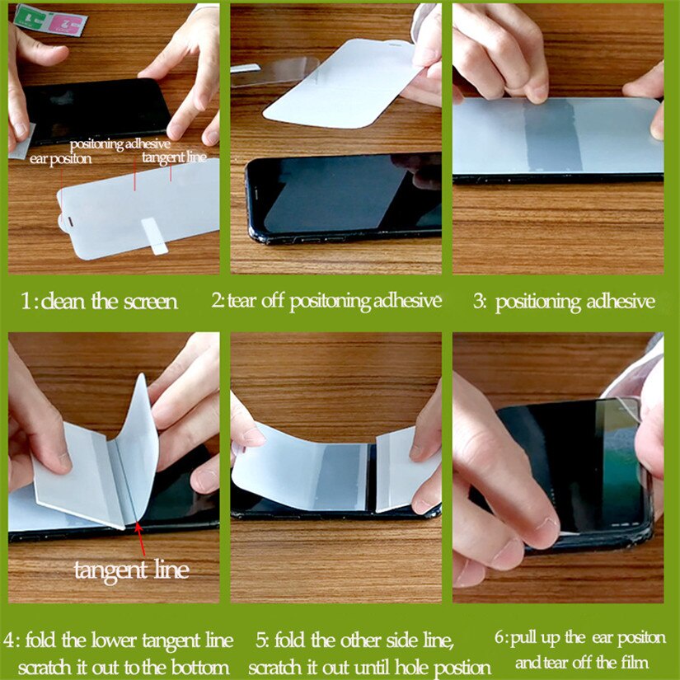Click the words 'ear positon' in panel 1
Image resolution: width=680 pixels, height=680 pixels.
(x=60, y=159)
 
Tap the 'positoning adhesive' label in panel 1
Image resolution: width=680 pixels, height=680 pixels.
(x=120, y=144)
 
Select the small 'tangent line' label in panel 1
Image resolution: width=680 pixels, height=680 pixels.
(x=173, y=157)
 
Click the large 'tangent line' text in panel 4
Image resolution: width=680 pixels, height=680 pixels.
(x=131, y=570)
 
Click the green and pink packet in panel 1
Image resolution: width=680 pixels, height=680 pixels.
(x=51, y=18)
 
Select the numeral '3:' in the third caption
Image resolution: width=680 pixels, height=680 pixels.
(x=480, y=302)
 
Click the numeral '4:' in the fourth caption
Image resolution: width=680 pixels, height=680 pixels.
(x=13, y=640)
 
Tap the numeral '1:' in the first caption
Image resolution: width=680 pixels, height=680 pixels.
(x=30, y=302)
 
